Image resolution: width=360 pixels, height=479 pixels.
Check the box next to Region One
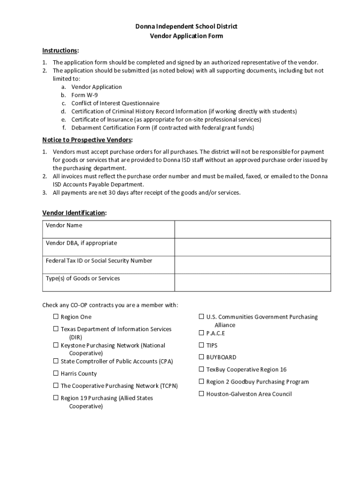[56, 317]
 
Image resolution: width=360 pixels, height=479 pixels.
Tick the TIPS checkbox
[202, 345]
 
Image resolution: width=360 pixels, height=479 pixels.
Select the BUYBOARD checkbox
[202, 357]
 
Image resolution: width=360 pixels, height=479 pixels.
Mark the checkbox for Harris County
[56, 373]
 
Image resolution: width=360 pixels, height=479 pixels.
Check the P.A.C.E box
[202, 333]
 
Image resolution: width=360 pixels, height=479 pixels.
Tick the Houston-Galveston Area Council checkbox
[202, 394]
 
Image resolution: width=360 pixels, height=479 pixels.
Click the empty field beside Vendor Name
[252, 229]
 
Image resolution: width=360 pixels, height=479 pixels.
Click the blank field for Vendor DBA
[252, 247]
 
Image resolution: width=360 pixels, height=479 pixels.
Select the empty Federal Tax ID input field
[252, 265]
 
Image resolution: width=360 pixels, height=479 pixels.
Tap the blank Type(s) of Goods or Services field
[252, 282]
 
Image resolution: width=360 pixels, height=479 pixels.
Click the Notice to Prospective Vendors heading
[87, 140]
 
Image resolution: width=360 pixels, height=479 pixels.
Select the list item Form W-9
[84, 95]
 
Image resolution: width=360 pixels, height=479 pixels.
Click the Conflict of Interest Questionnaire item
[115, 103]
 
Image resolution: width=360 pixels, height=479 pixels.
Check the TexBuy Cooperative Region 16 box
[202, 369]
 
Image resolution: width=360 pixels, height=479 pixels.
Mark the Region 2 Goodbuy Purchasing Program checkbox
[202, 382]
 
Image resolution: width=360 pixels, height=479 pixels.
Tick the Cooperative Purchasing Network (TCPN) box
[56, 386]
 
